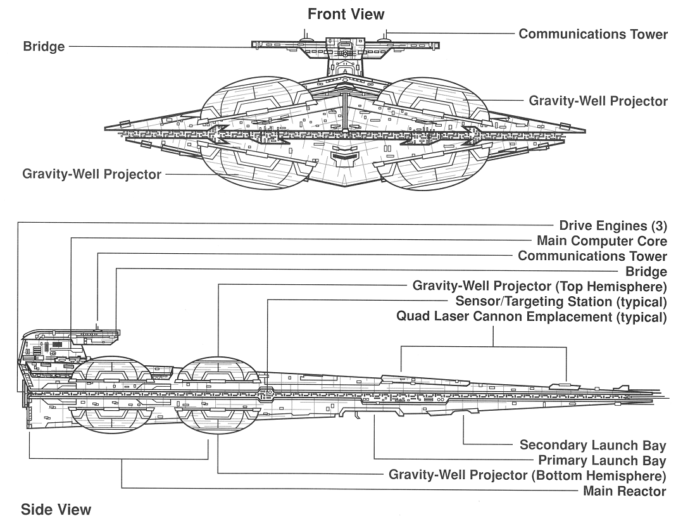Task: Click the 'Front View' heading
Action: coord(346,13)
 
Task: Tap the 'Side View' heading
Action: coord(56,510)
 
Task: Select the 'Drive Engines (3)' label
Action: coord(613,225)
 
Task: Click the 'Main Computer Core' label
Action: coord(601,241)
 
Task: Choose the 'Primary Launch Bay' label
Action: coord(602,461)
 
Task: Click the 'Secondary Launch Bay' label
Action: coord(592,445)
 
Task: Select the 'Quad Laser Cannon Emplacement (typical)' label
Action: coord(532,316)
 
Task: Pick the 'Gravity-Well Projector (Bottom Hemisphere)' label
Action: coord(527,475)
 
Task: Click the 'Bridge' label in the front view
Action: coord(44,47)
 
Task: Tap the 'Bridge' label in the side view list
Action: coord(646,272)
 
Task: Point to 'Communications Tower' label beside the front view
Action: coord(593,34)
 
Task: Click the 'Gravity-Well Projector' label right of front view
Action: coord(598,101)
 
